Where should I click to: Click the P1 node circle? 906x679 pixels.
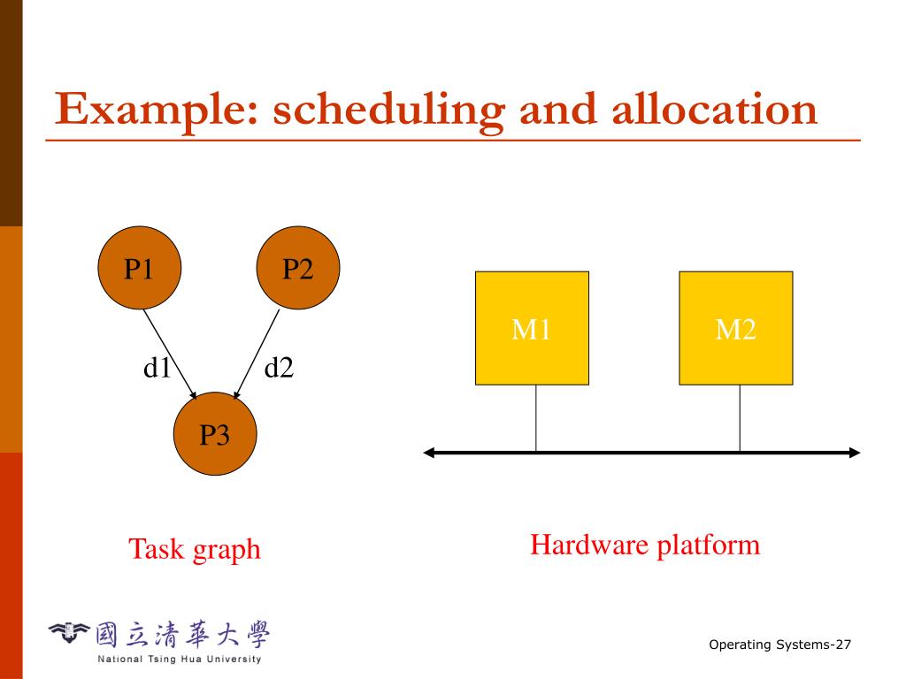[x=140, y=268]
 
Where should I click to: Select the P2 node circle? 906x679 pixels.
[x=298, y=268]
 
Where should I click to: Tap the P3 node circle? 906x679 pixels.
[x=215, y=434]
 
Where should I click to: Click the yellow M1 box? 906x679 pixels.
[x=532, y=328]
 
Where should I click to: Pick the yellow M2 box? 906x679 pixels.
[x=735, y=328]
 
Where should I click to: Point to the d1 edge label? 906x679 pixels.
[x=157, y=367]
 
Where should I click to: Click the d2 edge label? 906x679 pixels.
[x=279, y=367]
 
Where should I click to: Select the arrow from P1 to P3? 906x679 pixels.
[x=170, y=354]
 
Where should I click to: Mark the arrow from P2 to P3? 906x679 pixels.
[x=257, y=354]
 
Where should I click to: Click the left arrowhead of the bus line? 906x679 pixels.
[x=429, y=453]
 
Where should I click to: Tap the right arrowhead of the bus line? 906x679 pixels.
[x=854, y=453]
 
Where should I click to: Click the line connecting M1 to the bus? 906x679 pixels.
[x=535, y=418]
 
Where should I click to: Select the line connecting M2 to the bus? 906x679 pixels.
[x=740, y=418]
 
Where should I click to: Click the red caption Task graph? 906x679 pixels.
[x=195, y=549]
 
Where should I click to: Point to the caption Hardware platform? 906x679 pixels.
[x=645, y=545]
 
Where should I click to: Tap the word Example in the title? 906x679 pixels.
[x=157, y=110]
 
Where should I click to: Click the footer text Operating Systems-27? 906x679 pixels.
[x=779, y=645]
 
